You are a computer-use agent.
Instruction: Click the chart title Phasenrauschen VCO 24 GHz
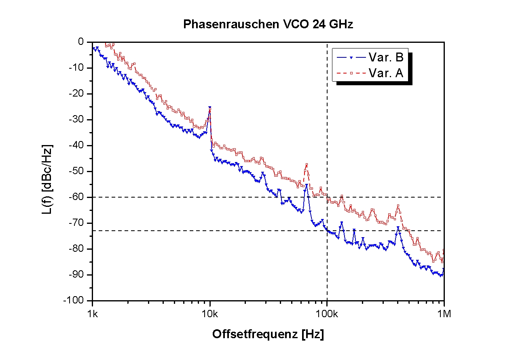tap(268, 24)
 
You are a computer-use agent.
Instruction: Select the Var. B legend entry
tap(385, 57)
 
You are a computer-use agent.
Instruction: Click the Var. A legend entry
tap(385, 73)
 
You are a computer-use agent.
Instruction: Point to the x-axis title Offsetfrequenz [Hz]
tap(268, 334)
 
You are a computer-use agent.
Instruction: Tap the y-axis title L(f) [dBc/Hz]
tap(47, 179)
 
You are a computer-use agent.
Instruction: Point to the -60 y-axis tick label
tap(77, 197)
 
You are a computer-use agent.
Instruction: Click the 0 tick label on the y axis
tap(80, 42)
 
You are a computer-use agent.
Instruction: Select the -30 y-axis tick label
tap(77, 120)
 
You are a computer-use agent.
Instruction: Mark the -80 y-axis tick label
tap(77, 249)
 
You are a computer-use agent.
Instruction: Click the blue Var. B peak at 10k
tap(210, 108)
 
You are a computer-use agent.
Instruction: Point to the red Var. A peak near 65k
tap(307, 164)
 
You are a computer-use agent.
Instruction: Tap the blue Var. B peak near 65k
tap(307, 185)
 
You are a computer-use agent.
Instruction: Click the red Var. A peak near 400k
tap(398, 206)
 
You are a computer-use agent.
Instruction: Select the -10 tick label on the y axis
tap(77, 68)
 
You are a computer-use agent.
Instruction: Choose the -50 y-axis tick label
tap(77, 171)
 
